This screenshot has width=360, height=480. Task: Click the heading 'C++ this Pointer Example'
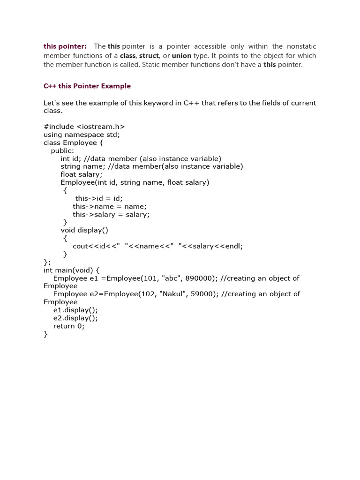pos(87,86)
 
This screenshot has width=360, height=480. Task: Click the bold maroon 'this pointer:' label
pos(65,46)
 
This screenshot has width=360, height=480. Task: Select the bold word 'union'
pos(181,56)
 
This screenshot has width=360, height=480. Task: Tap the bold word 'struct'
pos(149,56)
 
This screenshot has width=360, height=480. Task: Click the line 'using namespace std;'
pos(82,135)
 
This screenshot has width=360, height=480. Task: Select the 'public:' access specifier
pos(62,150)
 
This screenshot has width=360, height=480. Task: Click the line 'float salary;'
pos(82,174)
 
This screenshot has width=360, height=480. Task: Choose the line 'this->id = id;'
pos(99,198)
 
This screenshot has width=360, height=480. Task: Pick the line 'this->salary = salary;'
pos(111,214)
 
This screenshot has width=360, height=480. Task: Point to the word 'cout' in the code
pos(80,246)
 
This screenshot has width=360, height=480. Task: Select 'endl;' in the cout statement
pos(234,246)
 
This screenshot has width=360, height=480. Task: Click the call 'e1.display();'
pos(75,310)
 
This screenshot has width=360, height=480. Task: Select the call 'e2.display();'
pos(75,318)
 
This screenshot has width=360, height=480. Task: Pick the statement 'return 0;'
pos(69,326)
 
